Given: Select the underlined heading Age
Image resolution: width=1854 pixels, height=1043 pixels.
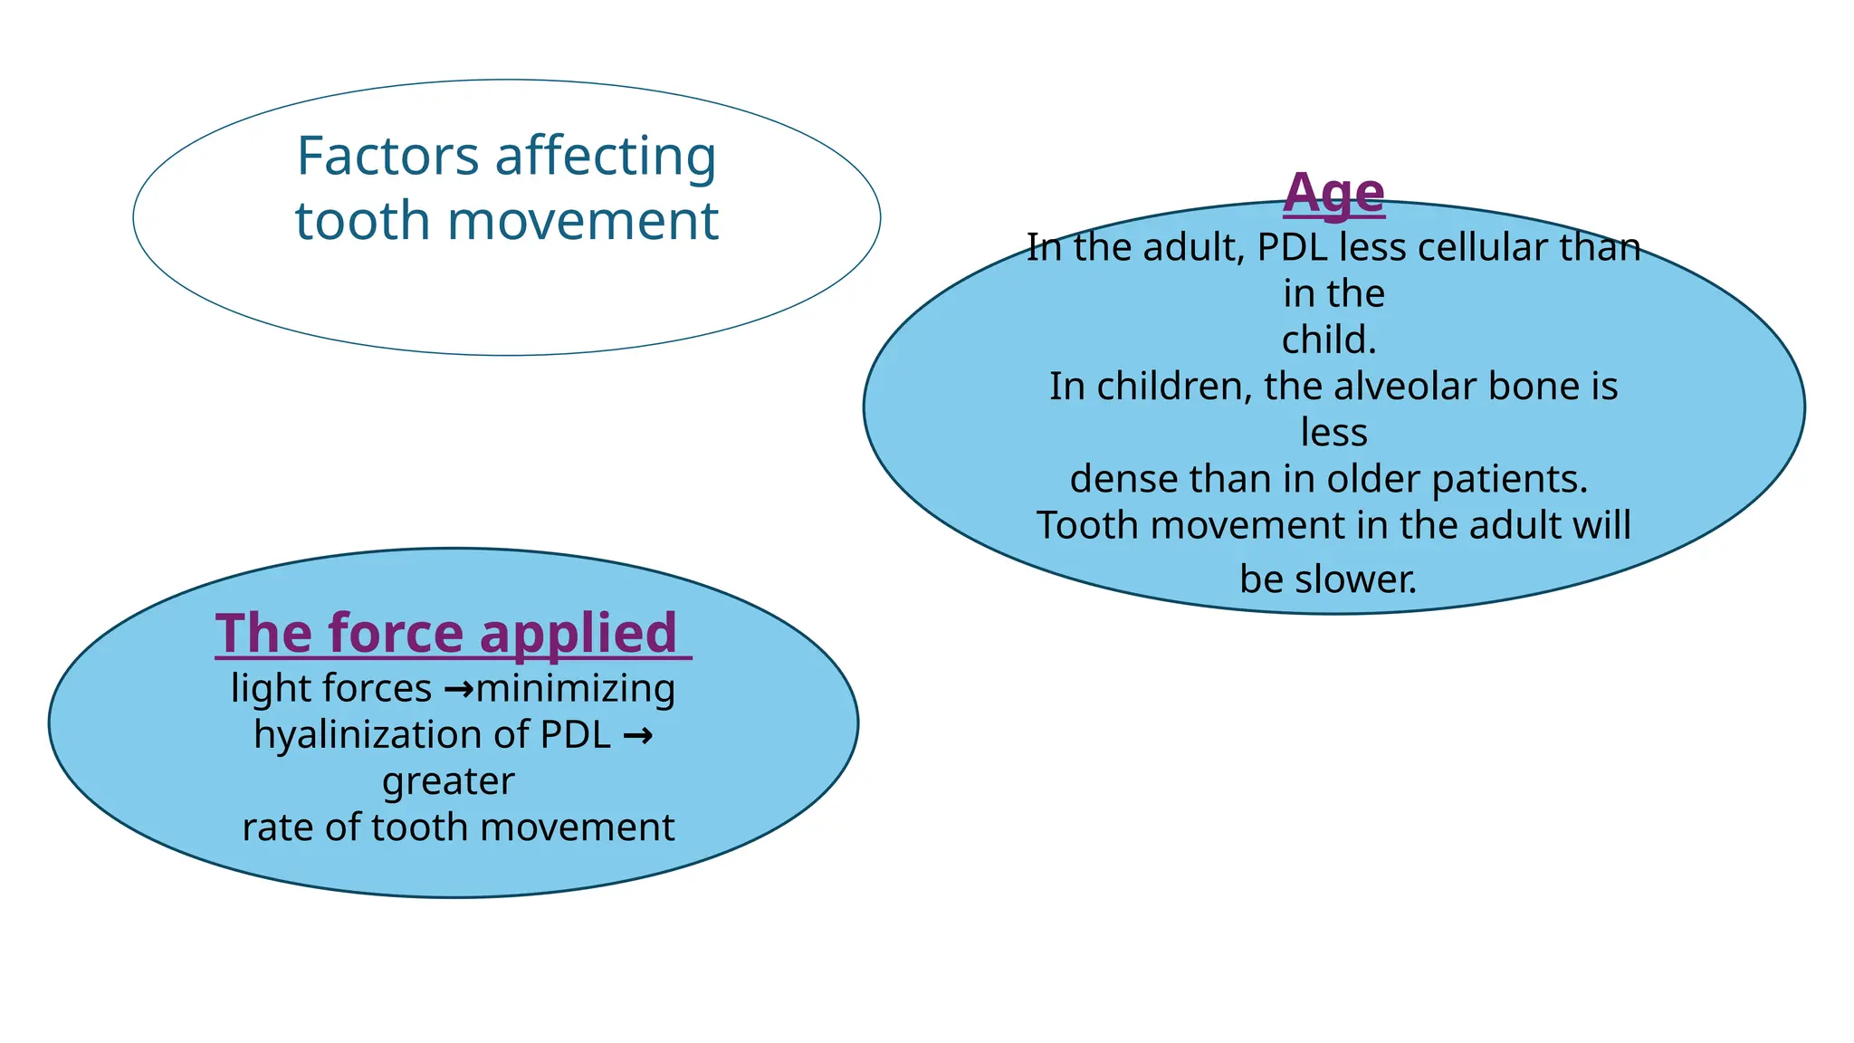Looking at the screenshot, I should click(x=1333, y=193).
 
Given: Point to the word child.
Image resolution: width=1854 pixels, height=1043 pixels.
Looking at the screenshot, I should click(x=1328, y=340).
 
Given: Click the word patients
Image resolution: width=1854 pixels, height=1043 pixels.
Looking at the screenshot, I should click(x=1509, y=479).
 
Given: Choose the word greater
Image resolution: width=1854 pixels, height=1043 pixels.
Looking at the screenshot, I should click(x=448, y=781).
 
